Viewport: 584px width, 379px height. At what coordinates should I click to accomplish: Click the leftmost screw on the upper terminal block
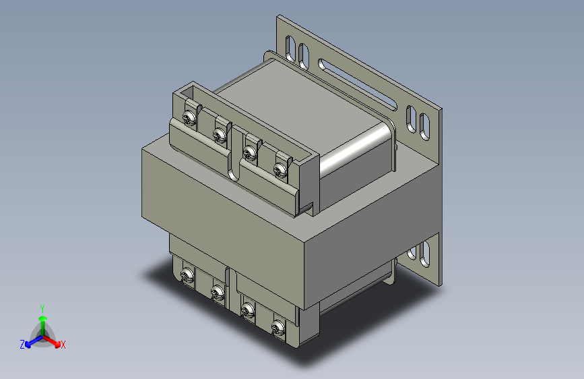[190, 119]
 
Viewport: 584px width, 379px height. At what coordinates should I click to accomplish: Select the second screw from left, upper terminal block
[219, 136]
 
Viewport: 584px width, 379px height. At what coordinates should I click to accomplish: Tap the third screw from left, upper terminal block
[251, 151]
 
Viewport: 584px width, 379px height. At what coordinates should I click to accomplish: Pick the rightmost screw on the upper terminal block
[280, 168]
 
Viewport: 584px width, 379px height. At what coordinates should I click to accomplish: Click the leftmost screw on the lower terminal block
[187, 274]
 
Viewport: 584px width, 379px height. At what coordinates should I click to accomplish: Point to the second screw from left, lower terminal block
[217, 292]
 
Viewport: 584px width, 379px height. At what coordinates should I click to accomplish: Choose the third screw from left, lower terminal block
[247, 310]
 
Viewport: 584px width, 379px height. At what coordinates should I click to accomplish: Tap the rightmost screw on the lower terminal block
[277, 328]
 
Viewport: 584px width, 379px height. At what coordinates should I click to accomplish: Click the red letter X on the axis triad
[63, 345]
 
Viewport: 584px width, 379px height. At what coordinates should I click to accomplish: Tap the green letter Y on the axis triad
[42, 307]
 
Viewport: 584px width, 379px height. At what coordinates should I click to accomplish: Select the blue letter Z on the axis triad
[22, 345]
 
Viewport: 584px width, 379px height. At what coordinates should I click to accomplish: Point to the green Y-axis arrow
[42, 320]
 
